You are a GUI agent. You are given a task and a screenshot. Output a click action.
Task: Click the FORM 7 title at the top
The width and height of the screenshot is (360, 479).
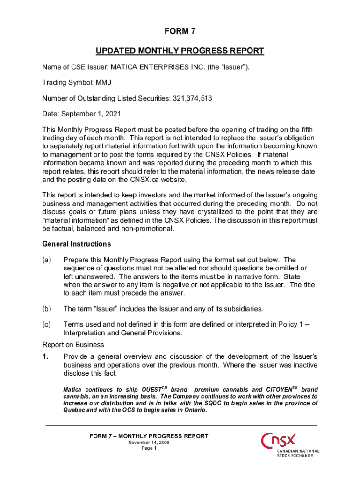tap(180, 31)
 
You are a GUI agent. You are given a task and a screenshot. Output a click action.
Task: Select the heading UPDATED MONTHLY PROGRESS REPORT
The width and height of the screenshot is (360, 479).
tap(180, 51)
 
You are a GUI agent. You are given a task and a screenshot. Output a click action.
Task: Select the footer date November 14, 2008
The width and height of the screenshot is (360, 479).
tap(149, 442)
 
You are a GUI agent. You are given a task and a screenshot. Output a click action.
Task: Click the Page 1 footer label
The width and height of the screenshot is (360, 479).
tap(149, 448)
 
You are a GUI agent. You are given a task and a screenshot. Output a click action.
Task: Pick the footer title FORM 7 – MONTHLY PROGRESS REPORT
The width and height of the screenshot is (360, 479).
tap(149, 436)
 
